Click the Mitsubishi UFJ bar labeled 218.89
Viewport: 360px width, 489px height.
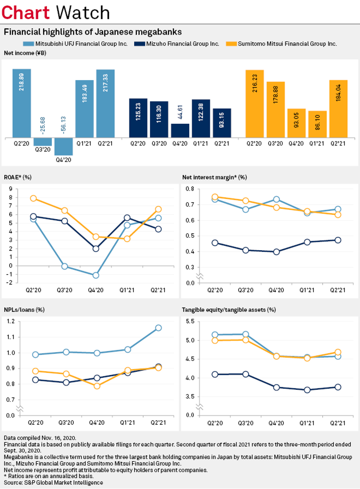(x=22, y=103)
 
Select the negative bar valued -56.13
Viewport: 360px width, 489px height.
(x=63, y=146)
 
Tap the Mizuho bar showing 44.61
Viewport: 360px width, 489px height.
(x=180, y=130)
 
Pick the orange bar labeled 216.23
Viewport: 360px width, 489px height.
(x=255, y=103)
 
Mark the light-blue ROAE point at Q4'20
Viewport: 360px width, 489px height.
(x=96, y=275)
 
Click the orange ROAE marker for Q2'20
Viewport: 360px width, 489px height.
(x=33, y=198)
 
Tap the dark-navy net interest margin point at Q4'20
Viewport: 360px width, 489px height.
(x=276, y=252)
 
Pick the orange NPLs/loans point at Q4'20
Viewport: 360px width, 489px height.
(x=97, y=386)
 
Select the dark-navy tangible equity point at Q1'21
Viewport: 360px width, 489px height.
(x=307, y=390)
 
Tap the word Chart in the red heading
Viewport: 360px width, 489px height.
(x=26, y=13)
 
